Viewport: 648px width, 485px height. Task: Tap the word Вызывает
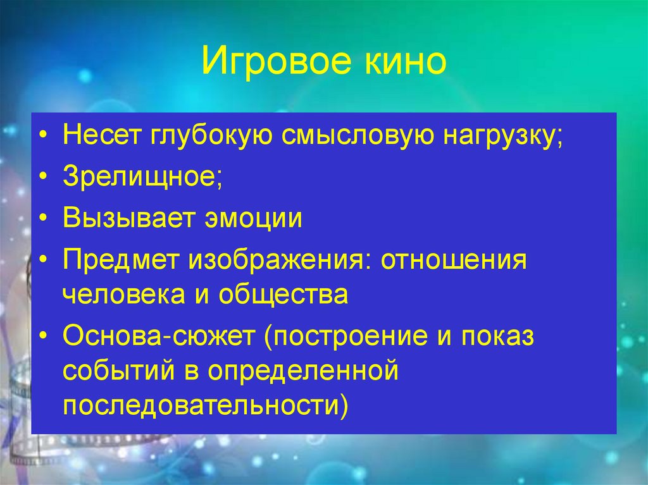[128, 220]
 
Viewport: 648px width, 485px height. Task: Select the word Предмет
[120, 261]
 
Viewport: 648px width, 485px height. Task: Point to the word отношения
[454, 261]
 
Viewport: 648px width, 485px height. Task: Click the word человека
[126, 295]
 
